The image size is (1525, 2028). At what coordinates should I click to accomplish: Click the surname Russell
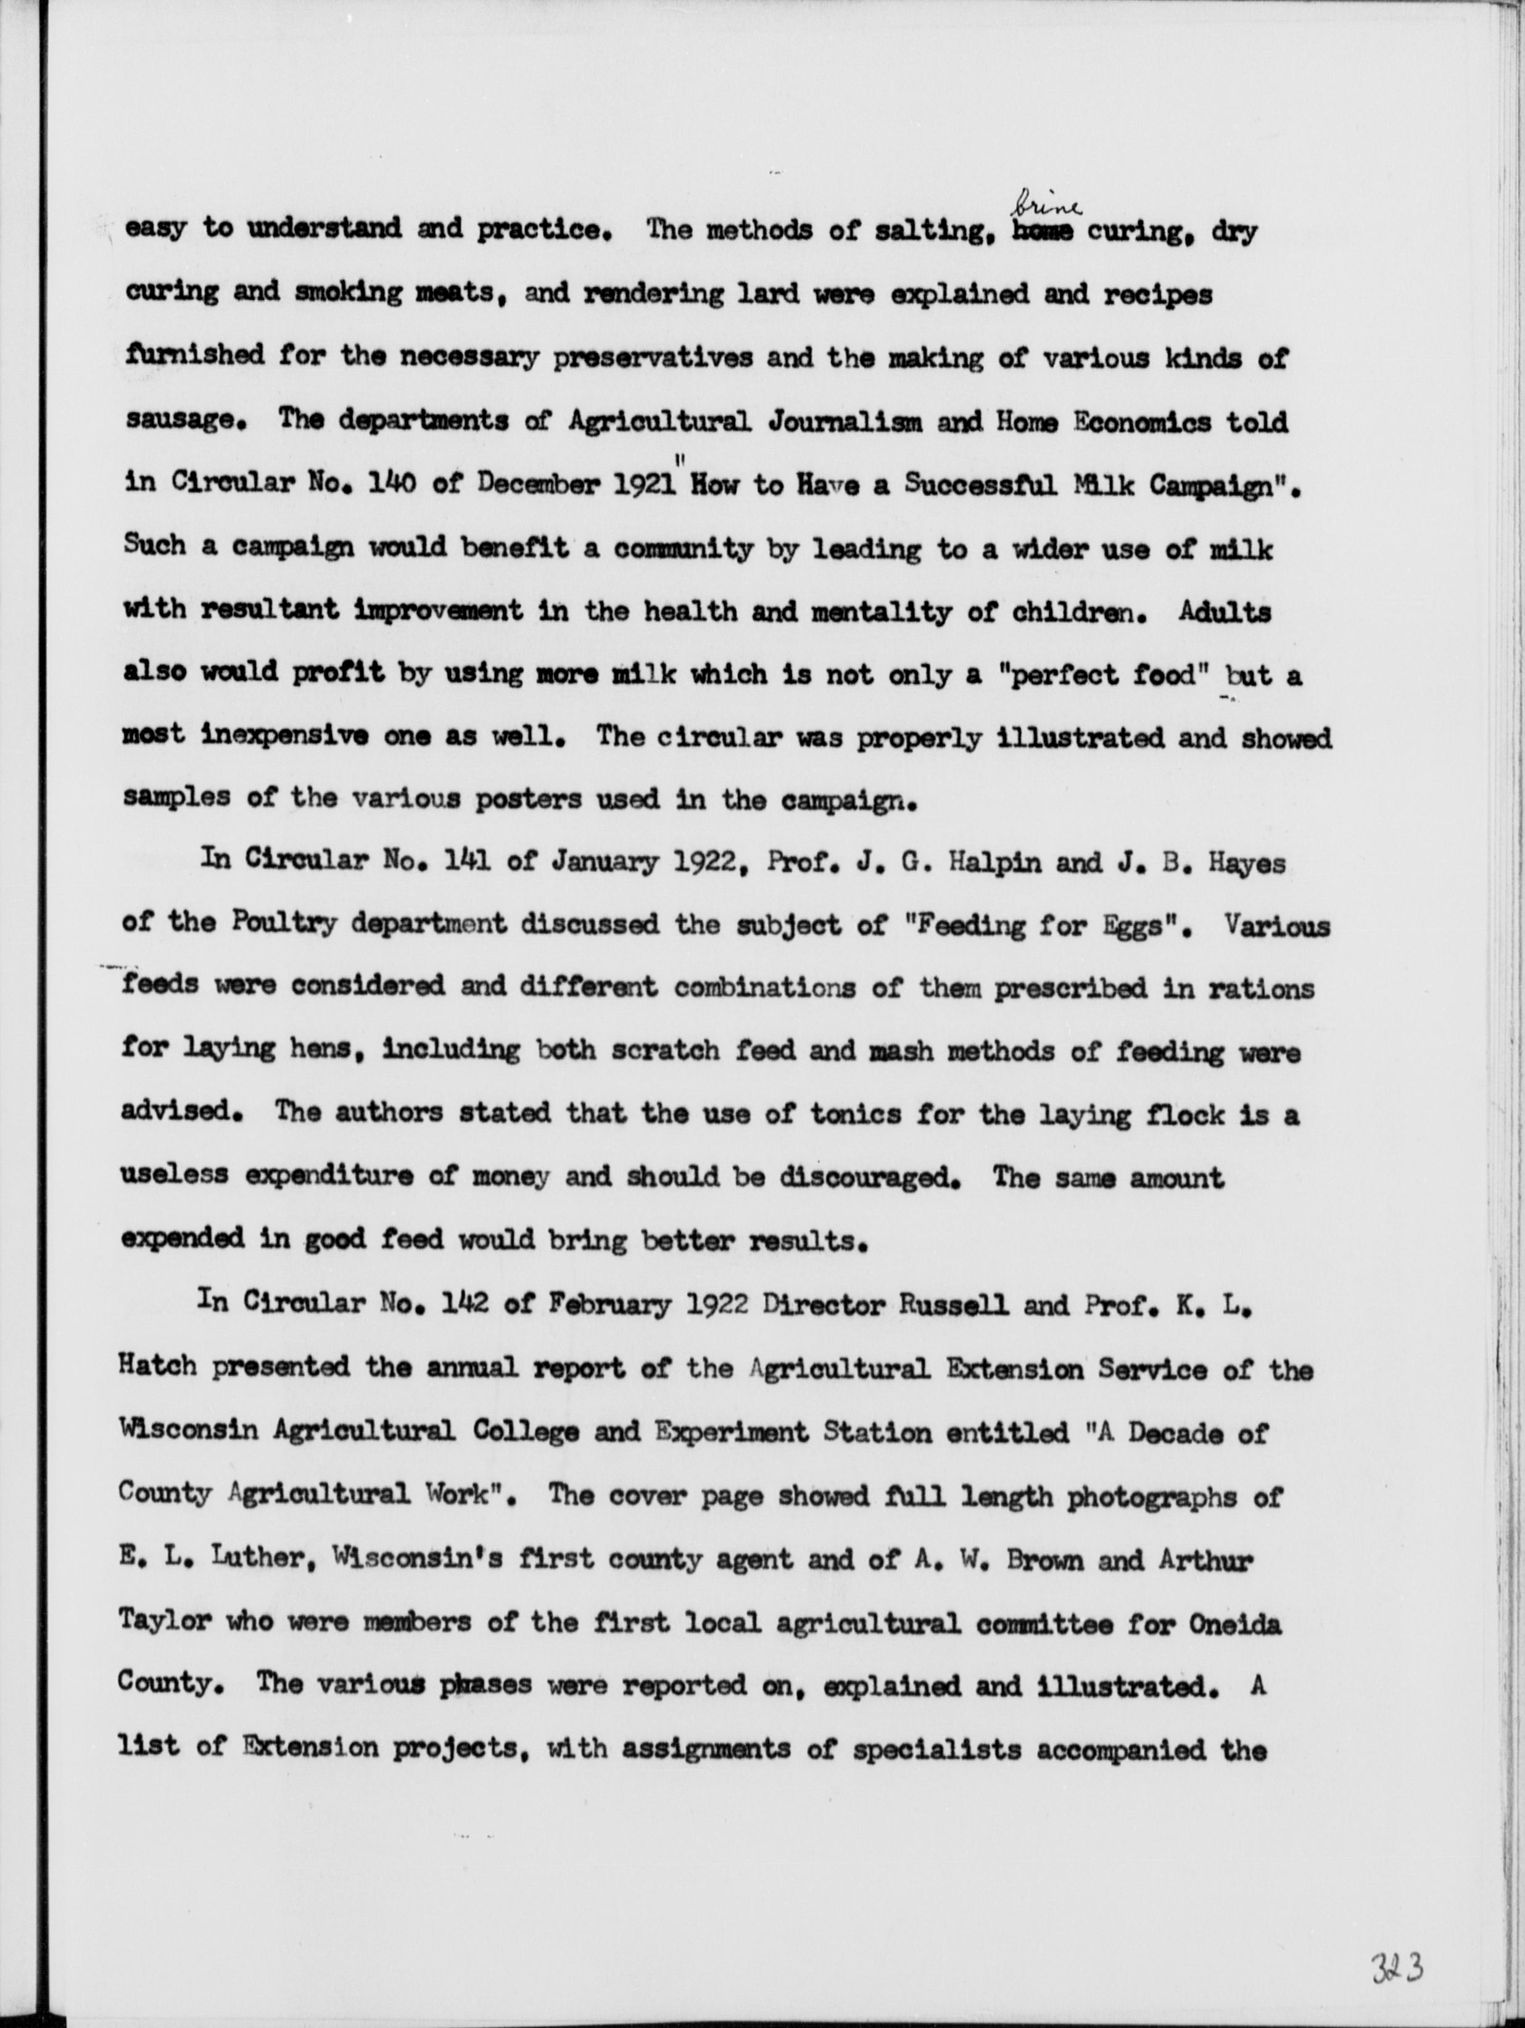tap(960, 1306)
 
